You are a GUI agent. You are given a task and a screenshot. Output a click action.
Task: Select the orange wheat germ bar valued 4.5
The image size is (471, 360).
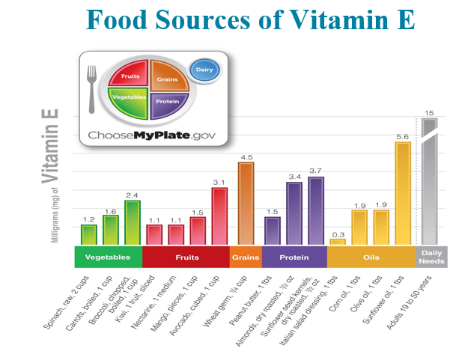point(246,204)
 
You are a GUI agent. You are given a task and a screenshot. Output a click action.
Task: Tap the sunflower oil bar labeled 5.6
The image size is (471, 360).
point(403,193)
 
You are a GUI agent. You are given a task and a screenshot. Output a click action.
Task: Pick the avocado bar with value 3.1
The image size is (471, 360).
point(219,216)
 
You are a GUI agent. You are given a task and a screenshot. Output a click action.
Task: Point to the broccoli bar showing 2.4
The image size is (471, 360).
point(133,223)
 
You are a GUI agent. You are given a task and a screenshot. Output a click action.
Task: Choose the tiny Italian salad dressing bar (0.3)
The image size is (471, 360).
point(338,242)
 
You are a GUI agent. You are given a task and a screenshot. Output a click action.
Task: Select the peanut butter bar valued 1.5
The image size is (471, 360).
point(273,231)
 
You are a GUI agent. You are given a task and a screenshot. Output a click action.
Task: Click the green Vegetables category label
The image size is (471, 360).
point(108,257)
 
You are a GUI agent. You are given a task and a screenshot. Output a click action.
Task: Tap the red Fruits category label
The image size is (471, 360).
point(185,257)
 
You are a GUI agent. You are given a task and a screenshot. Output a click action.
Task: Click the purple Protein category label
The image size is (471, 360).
point(294,257)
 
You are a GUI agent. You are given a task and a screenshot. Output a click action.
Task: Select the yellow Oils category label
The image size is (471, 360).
point(371,257)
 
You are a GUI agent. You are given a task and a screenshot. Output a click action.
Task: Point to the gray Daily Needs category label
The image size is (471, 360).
point(431,257)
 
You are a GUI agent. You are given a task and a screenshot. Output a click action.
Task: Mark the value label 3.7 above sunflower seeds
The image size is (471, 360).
point(315,171)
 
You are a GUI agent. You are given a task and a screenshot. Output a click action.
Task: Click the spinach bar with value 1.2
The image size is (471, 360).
point(89,235)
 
